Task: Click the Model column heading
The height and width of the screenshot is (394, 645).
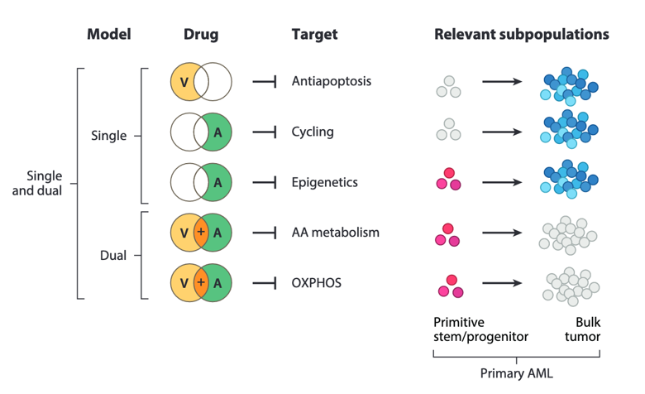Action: [x=108, y=35]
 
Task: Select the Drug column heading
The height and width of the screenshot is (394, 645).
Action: [x=201, y=35]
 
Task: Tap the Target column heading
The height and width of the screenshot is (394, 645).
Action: [x=314, y=35]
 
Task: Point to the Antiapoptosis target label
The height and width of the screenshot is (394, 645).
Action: [x=331, y=81]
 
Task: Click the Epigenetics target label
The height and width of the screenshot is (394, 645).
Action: [x=325, y=182]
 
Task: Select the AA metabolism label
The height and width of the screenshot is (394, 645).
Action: [x=335, y=233]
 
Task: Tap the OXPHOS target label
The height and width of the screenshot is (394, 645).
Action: [x=317, y=283]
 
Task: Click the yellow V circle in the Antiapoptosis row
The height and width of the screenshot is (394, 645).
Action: [x=184, y=82]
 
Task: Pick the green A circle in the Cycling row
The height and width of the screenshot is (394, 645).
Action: [x=218, y=132]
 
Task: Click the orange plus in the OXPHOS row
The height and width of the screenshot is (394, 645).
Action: [x=201, y=283]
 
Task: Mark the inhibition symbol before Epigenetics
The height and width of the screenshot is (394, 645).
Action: [x=264, y=182]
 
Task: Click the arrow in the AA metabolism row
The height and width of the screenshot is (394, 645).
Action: [x=501, y=233]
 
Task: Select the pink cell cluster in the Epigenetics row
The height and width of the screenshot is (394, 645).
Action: [x=448, y=179]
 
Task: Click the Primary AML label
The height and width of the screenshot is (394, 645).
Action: [x=516, y=373]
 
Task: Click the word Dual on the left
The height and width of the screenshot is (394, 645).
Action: [x=113, y=256]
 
